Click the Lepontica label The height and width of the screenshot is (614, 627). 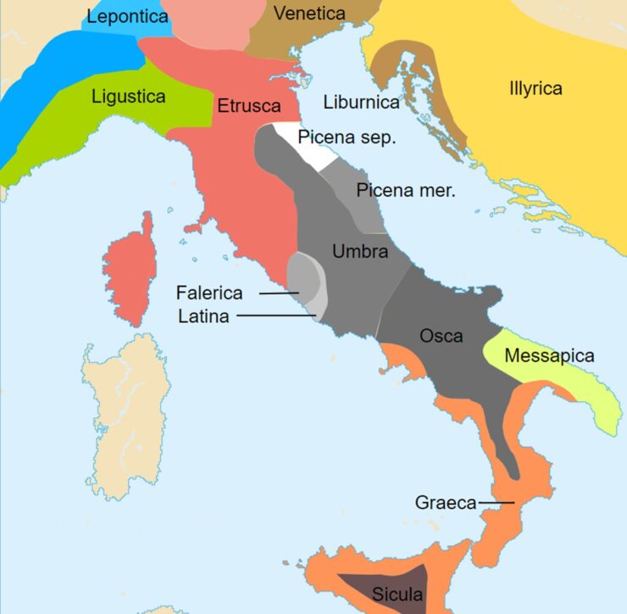click(128, 16)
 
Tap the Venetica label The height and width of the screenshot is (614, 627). click(309, 14)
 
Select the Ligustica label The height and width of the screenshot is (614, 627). click(129, 97)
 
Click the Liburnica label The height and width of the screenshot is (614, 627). click(361, 102)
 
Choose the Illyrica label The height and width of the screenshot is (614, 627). click(535, 88)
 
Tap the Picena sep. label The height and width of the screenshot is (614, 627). click(347, 137)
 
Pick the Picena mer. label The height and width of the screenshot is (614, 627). click(405, 191)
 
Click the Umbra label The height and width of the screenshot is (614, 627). click(360, 251)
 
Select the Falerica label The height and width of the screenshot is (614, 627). click(209, 293)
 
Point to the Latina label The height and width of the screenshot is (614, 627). click(204, 316)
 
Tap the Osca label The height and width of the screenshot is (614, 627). click(441, 336)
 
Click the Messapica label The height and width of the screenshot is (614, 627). click(549, 356)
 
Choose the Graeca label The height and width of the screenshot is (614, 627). click(446, 503)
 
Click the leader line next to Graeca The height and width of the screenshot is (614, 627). click(497, 503)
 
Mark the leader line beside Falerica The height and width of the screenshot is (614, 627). click(278, 293)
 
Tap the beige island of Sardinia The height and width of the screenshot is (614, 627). click(125, 424)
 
